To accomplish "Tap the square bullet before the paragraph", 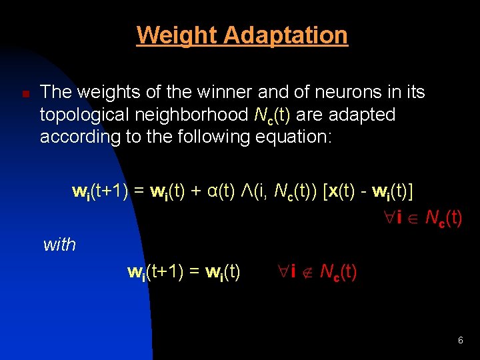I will coord(24,95).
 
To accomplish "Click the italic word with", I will coord(59,245).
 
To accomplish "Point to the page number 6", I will coord(461,341).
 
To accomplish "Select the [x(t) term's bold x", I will coord(333,191).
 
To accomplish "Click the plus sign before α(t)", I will coord(196,191).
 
